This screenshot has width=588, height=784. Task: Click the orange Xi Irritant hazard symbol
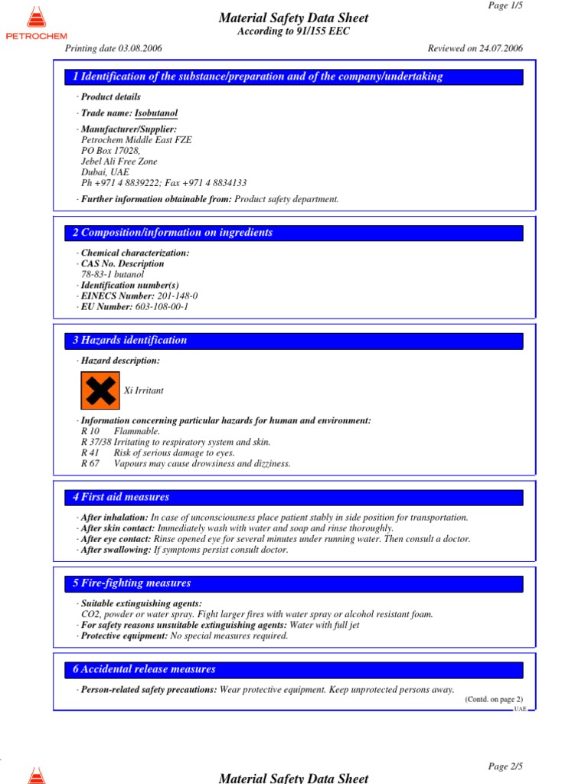click(x=100, y=390)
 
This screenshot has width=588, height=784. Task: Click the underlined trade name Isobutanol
click(x=156, y=113)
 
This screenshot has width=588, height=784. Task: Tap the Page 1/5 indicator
click(x=505, y=5)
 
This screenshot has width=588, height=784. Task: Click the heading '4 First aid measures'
click(x=121, y=497)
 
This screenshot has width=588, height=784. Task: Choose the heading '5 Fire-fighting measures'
click(x=132, y=583)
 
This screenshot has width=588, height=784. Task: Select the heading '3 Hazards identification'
click(x=129, y=341)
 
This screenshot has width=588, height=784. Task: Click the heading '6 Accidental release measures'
click(x=144, y=669)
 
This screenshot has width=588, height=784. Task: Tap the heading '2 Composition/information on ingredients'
click(x=172, y=233)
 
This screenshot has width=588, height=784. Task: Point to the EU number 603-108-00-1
click(x=162, y=306)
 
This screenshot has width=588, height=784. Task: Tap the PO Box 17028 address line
click(x=110, y=151)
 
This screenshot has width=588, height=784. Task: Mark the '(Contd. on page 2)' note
click(x=494, y=699)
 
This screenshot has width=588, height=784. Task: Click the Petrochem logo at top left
click(x=36, y=23)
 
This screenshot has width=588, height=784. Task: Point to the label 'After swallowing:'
click(x=115, y=550)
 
